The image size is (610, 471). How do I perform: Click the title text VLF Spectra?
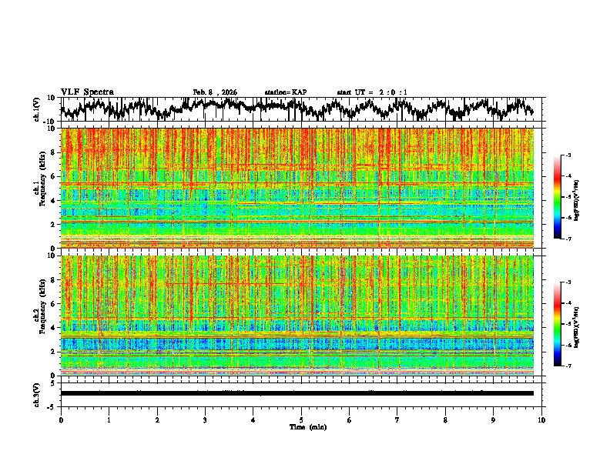pos(87,92)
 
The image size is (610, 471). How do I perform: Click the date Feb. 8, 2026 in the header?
pos(215,92)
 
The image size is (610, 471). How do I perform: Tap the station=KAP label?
pos(286,92)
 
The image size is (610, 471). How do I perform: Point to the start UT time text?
pos(372,92)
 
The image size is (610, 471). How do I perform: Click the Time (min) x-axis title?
pos(307,426)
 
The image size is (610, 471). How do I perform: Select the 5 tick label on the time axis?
pos(301,419)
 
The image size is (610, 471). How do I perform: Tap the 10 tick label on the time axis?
pos(541,419)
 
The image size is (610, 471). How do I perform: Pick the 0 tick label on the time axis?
pos(61,419)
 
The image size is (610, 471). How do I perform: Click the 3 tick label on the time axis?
pos(205,419)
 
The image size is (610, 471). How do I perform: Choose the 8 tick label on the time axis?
pos(445,419)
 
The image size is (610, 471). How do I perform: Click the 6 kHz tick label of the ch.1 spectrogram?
pos(54,176)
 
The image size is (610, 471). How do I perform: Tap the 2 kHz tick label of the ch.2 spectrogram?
pos(54,351)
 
